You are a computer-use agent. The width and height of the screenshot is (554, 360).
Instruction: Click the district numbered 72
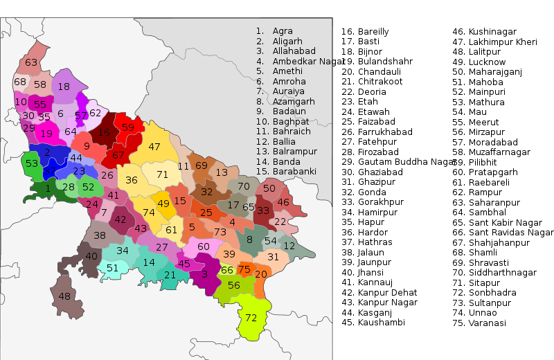[251, 318]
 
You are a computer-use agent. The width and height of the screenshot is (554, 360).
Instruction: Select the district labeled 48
[64, 296]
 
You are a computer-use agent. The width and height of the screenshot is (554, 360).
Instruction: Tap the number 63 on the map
[31, 63]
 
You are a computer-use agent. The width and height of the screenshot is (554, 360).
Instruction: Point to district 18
[64, 87]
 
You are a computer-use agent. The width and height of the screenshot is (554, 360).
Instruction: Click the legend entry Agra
[283, 31]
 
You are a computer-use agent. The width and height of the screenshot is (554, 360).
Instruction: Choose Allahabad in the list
[294, 51]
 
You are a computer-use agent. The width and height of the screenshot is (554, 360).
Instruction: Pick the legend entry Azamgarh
[294, 101]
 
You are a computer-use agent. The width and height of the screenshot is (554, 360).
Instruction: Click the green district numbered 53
[32, 164]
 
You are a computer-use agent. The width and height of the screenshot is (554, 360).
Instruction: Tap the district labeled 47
[154, 147]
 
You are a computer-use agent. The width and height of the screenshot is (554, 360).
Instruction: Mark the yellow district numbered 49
[163, 204]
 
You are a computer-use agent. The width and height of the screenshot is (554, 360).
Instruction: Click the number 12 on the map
[289, 246]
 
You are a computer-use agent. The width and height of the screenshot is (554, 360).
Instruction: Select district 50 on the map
[269, 188]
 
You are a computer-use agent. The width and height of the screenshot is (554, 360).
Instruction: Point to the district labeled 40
[91, 256]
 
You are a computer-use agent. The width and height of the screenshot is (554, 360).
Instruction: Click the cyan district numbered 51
[112, 269]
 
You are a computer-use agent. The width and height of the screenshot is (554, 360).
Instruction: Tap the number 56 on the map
[234, 285]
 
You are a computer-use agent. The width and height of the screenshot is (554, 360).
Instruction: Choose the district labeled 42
[120, 219]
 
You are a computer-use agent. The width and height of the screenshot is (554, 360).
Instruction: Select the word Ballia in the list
[285, 141]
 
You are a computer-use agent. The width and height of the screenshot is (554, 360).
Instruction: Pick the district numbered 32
[206, 192]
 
